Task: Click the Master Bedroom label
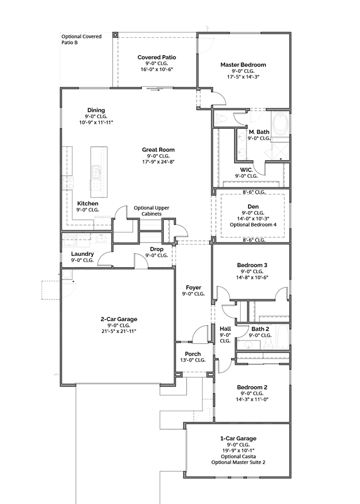[243, 65]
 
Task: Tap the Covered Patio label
[156, 57]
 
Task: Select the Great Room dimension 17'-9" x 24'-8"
[159, 161]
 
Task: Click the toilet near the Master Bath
[220, 119]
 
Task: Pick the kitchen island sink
[96, 172]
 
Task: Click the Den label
[253, 206]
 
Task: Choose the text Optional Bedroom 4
[253, 224]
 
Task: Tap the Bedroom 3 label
[252, 265]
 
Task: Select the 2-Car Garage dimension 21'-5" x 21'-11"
[119, 331]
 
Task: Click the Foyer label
[193, 287]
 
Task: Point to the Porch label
[193, 354]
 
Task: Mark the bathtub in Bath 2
[283, 337]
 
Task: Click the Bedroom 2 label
[252, 388]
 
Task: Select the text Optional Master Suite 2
[238, 462]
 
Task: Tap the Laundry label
[82, 254]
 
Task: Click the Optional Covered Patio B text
[82, 39]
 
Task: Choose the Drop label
[156, 249]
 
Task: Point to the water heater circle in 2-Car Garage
[67, 274]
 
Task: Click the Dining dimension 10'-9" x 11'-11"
[96, 122]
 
